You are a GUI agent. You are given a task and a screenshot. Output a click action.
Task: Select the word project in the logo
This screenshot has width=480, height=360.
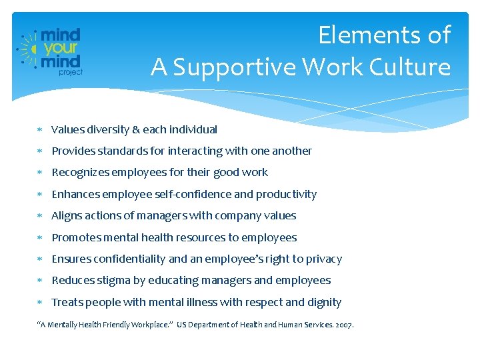click(71, 72)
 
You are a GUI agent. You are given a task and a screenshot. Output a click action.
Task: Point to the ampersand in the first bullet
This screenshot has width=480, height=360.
click(137, 129)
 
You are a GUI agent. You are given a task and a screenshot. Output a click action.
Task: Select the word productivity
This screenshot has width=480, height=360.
click(287, 194)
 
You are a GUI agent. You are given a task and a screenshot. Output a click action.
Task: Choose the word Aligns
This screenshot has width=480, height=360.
click(66, 215)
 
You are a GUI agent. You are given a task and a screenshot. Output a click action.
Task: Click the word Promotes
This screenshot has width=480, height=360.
click(77, 237)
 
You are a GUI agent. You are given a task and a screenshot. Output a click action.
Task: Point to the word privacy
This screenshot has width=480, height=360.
click(322, 259)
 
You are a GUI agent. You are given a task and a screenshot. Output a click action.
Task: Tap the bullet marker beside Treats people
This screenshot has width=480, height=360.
click(41, 303)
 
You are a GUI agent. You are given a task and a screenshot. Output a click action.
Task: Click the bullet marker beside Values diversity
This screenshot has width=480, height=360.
click(41, 130)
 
